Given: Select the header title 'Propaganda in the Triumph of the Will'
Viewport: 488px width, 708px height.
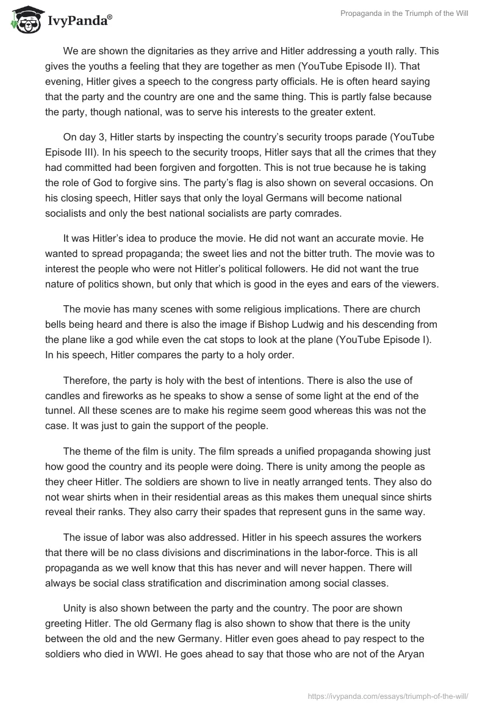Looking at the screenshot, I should (x=404, y=14).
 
